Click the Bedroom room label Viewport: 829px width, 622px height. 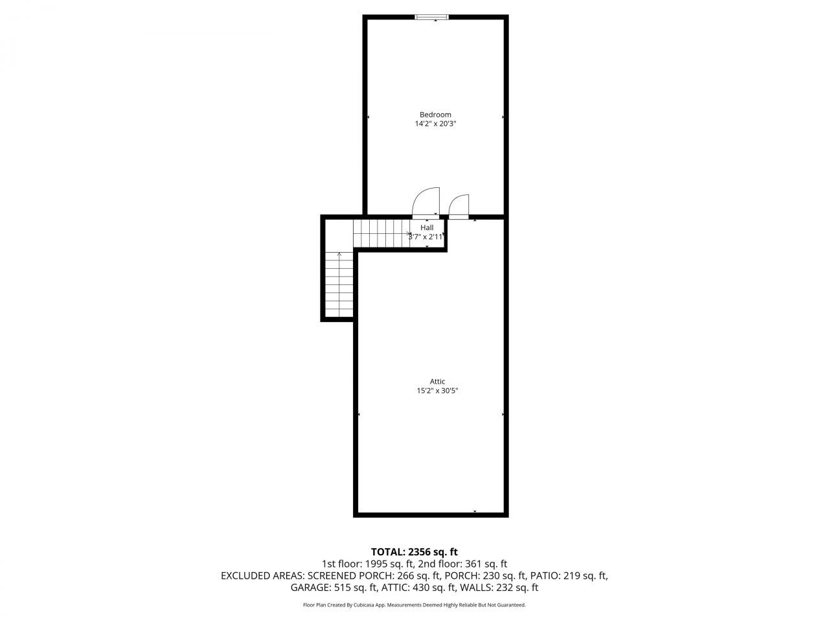pos(435,115)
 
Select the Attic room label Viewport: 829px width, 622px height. pos(437,382)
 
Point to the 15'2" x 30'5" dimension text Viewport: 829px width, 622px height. pos(437,391)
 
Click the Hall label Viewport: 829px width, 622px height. pos(427,227)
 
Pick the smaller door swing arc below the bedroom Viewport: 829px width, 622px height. pos(459,206)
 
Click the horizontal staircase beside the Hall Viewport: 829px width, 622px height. pos(381,233)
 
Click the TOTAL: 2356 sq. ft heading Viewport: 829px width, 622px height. pos(414,552)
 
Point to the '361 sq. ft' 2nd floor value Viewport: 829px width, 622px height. pos(485,564)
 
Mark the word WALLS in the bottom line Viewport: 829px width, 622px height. pos(476,588)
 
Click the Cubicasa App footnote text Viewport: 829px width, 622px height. pos(414,605)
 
